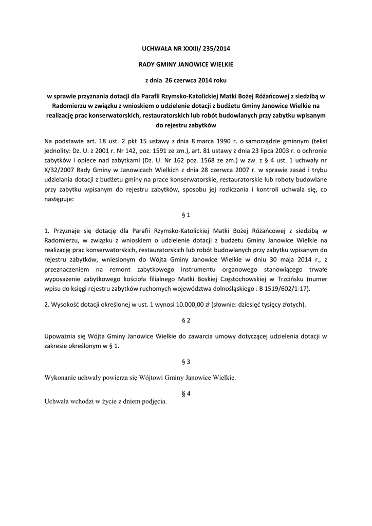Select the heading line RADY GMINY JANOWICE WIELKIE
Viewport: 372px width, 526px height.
[186, 65]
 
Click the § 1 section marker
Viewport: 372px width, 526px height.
[186, 214]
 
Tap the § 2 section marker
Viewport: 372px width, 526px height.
[186, 321]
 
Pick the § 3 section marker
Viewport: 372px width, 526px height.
[186, 362]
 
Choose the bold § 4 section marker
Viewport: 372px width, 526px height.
[186, 393]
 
